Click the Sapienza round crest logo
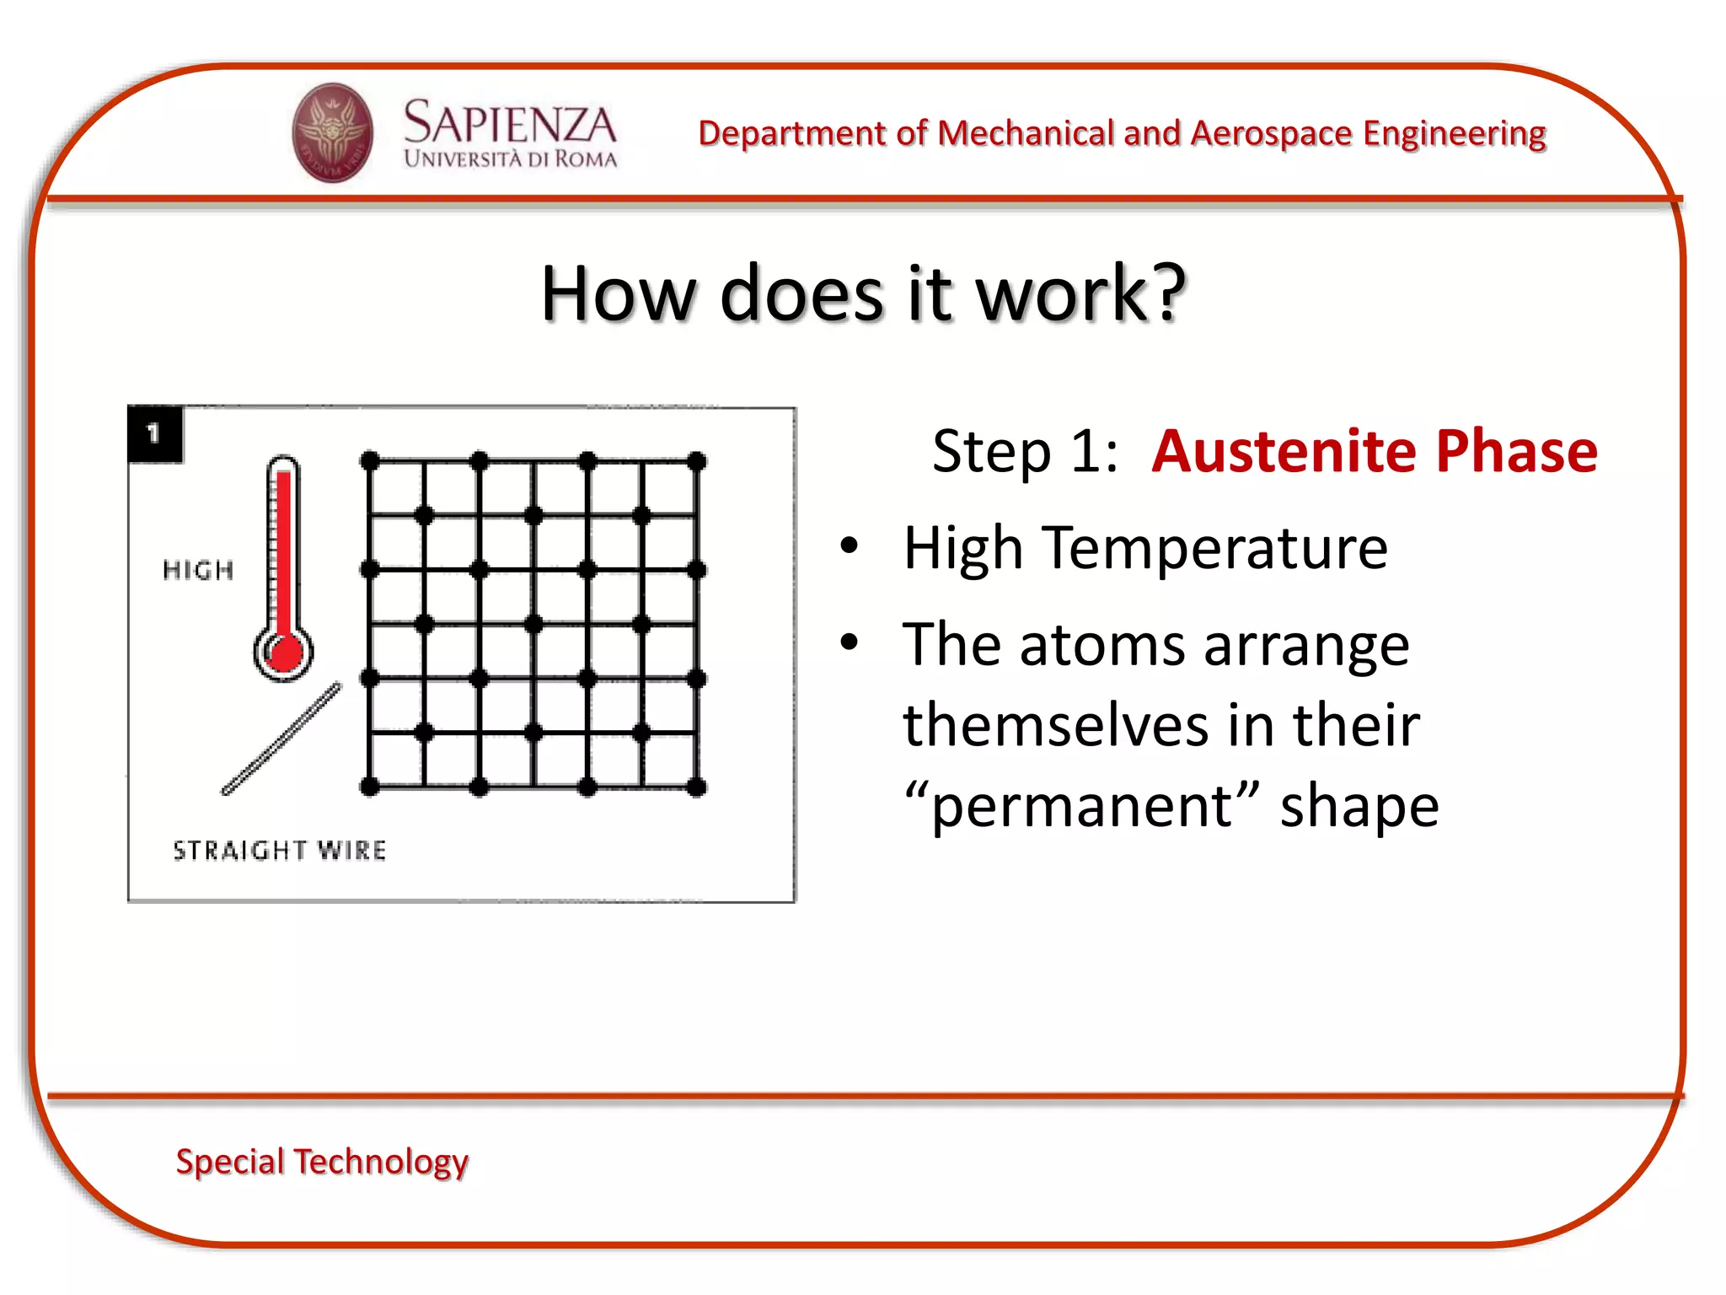pos(332,133)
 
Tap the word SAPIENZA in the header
pos(510,123)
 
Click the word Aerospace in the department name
pos(1272,133)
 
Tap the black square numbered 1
pos(154,434)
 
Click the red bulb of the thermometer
pos(284,653)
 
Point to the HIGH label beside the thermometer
pos(198,571)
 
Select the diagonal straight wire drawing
pos(281,739)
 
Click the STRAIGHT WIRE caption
pos(280,850)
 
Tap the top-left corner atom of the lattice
pos(370,461)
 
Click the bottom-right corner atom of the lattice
pos(697,787)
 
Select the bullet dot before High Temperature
pos(849,546)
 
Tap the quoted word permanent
pos(1081,806)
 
